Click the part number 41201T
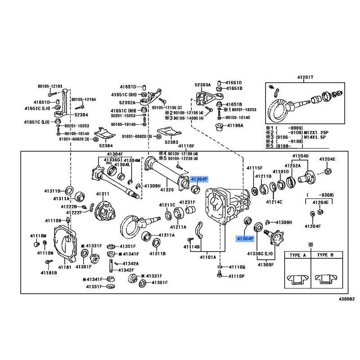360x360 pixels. click(x=305, y=77)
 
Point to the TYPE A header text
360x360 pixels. click(x=297, y=255)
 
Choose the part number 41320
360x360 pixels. click(x=167, y=190)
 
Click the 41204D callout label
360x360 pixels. click(x=301, y=156)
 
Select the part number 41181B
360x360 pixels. click(x=48, y=272)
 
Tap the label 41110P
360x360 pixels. click(x=236, y=276)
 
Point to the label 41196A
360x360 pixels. click(x=235, y=126)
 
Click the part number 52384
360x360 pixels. click(x=106, y=146)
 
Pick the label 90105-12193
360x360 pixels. click(x=50, y=86)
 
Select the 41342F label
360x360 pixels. click(x=126, y=270)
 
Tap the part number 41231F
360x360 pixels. click(x=187, y=202)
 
